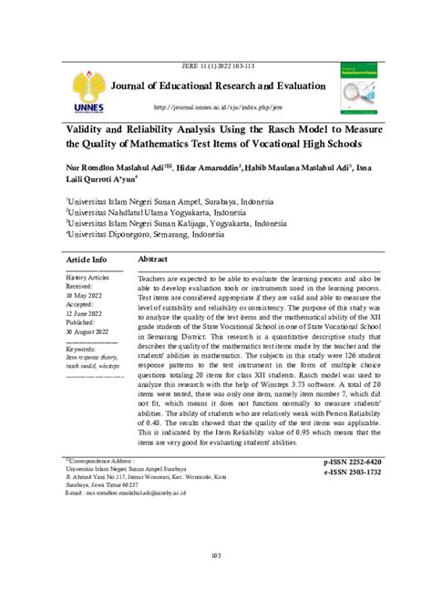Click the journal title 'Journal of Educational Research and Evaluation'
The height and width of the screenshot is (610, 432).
[217, 86]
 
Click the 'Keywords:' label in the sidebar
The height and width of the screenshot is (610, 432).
[86, 349]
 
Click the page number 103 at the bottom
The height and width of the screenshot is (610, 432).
[216, 555]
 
